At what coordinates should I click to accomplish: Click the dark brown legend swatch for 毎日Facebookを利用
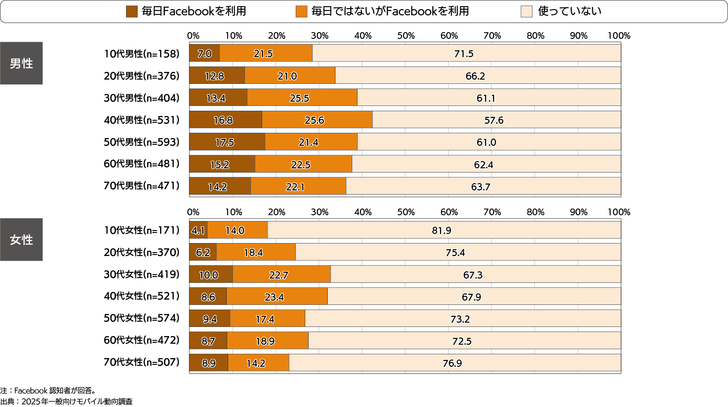point(132,12)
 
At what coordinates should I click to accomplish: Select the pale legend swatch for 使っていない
point(526,12)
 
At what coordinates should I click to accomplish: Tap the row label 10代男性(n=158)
point(141,54)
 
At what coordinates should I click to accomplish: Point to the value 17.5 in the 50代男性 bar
point(224,142)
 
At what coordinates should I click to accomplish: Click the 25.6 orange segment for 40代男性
point(314,120)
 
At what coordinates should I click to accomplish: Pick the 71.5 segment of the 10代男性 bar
point(464,54)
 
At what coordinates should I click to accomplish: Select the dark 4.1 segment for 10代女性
point(198,231)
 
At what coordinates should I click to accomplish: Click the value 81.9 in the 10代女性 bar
point(441,231)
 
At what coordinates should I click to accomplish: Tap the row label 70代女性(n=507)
point(141,362)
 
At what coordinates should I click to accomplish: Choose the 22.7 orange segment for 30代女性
point(279,275)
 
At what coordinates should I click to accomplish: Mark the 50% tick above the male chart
point(406,36)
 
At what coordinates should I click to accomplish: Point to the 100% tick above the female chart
point(619,212)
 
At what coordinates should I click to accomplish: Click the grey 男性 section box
point(21,63)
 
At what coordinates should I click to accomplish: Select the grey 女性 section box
point(21,240)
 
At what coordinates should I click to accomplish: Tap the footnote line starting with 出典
point(67,402)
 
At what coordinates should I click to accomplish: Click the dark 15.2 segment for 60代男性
point(220,164)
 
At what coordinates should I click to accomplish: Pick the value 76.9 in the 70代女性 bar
point(452,363)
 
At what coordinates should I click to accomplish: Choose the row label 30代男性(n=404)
point(141,98)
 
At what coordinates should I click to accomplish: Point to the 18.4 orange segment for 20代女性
point(254,253)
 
